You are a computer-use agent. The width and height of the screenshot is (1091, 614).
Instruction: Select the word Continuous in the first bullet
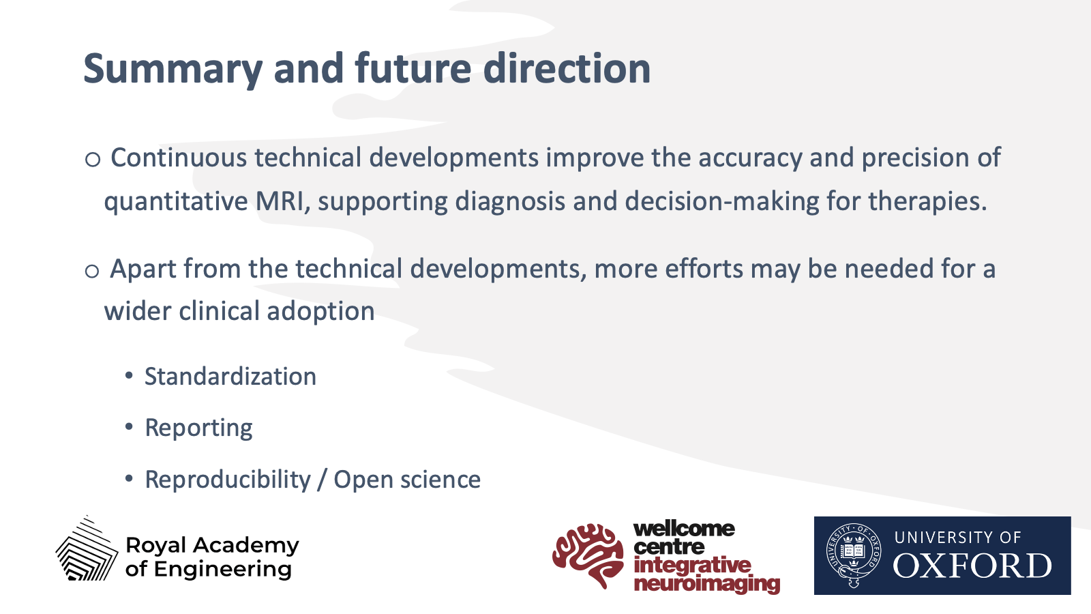[x=179, y=158]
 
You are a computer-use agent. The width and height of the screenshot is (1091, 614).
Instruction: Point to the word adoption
[x=320, y=312]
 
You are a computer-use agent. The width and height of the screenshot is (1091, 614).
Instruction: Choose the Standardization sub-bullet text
[x=230, y=376]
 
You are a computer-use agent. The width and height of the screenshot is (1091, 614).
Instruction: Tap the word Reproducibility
[x=228, y=480]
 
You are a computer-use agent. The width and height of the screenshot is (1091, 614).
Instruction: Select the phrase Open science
[x=407, y=480]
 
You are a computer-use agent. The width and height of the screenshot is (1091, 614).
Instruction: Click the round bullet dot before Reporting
[x=129, y=427]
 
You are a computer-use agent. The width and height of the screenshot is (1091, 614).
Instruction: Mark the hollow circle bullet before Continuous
[x=93, y=159]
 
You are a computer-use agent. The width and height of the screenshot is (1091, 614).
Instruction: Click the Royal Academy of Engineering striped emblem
[x=87, y=549]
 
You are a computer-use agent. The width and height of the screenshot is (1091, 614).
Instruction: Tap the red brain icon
[x=588, y=555]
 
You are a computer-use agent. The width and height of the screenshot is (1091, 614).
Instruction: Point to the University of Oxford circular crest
[x=853, y=555]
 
